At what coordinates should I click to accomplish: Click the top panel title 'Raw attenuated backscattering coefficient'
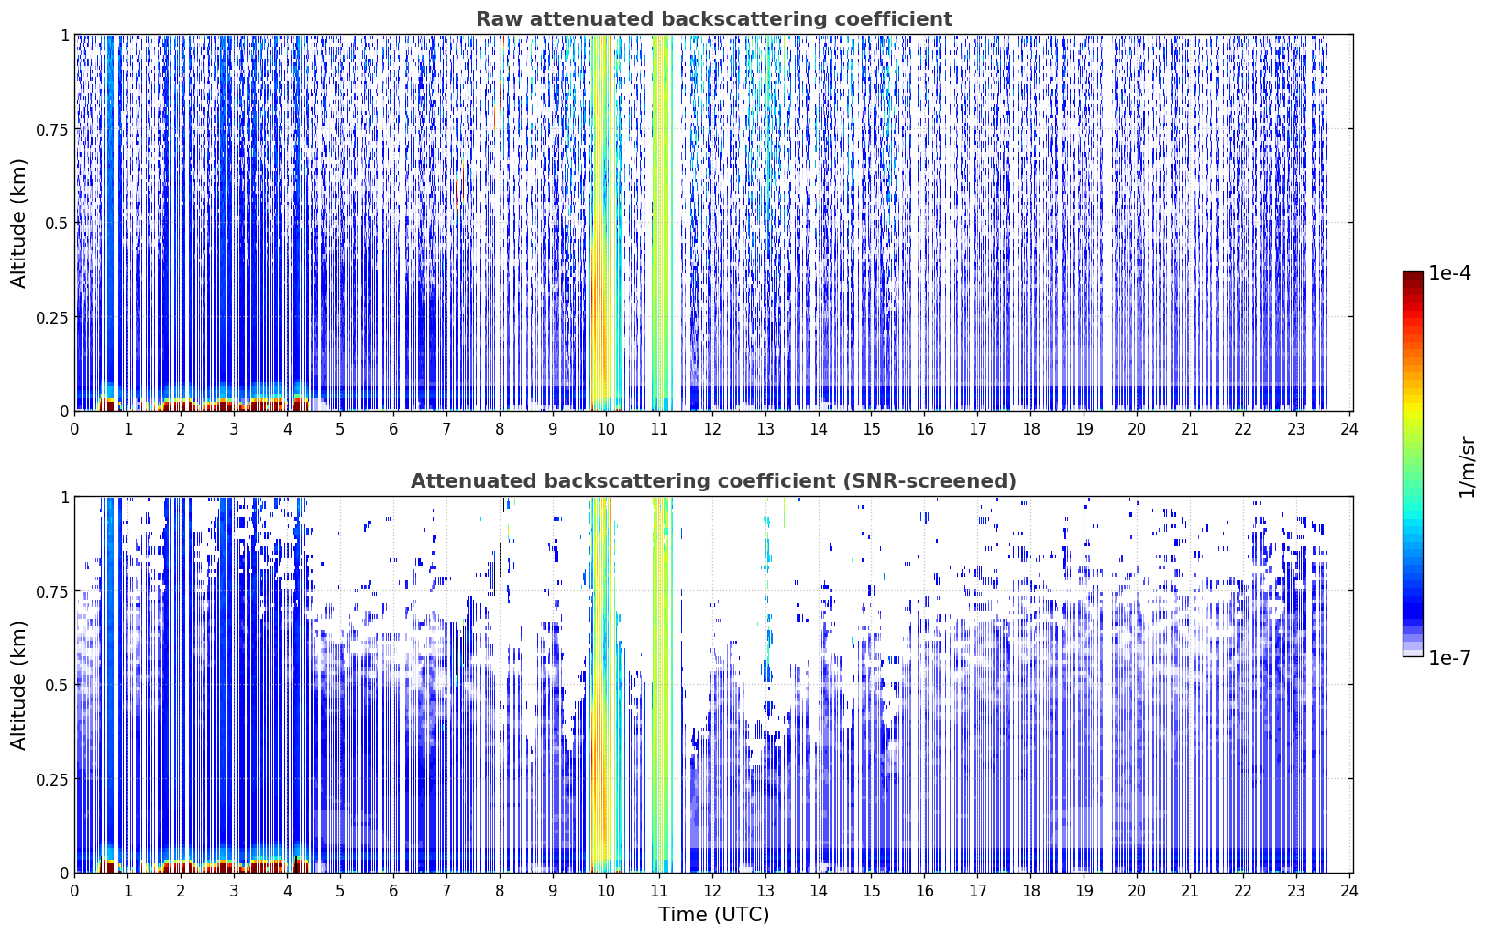(714, 18)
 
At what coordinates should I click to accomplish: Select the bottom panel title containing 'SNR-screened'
(714, 480)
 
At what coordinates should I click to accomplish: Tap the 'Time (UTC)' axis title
(714, 915)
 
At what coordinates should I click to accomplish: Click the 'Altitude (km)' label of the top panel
(18, 223)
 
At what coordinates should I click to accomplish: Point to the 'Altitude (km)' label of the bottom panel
(18, 685)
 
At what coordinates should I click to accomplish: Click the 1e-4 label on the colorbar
(1449, 272)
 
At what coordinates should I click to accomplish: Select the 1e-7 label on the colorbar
(1449, 657)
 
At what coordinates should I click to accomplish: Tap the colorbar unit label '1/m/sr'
(1466, 467)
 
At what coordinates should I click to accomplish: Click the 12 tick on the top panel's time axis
(711, 429)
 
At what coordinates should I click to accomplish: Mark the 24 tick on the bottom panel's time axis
(1349, 891)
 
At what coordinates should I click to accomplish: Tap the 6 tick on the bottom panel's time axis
(393, 891)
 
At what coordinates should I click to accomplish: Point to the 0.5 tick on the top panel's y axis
(57, 223)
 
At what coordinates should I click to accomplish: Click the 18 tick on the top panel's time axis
(1031, 429)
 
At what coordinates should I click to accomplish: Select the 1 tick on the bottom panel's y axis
(65, 498)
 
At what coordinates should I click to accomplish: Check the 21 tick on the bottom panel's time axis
(1190, 891)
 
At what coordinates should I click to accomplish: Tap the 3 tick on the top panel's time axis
(234, 429)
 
